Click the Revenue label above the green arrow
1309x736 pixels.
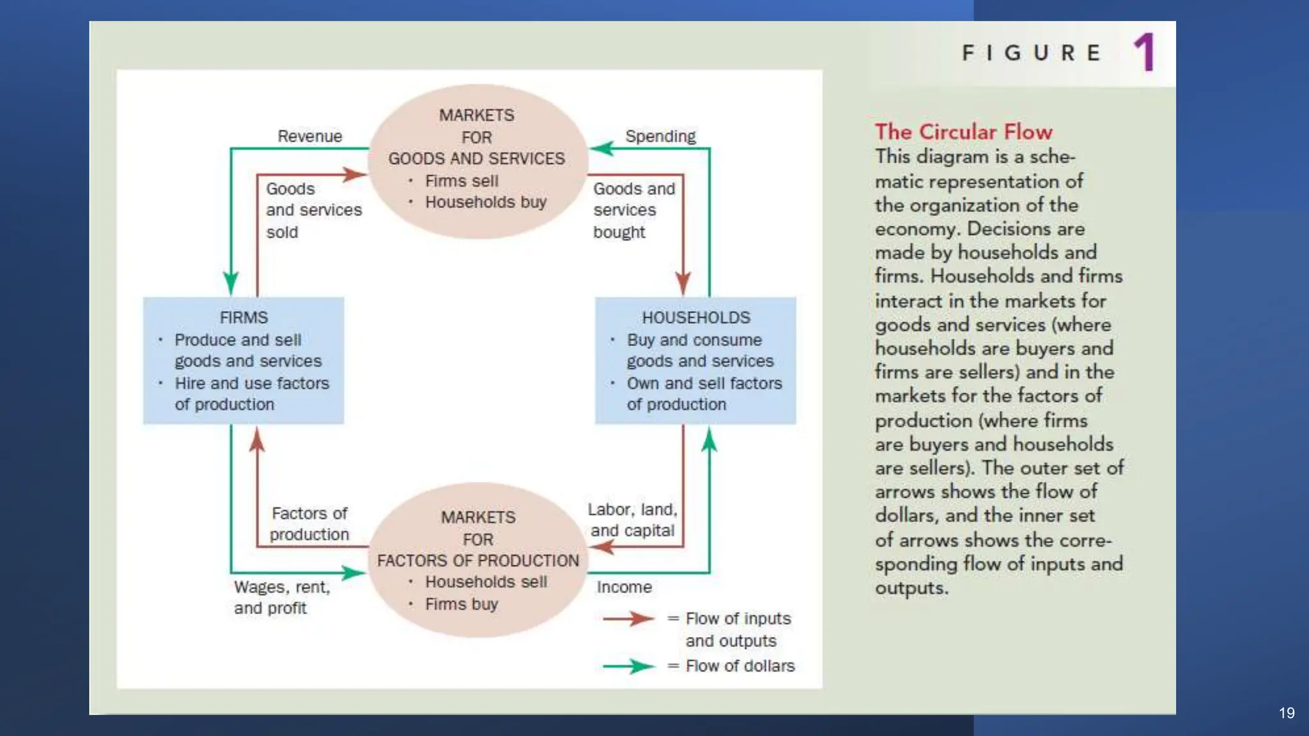coord(310,136)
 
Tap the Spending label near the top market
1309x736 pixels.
coord(660,136)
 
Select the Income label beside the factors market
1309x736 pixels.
coord(624,587)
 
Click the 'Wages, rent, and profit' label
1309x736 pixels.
coord(282,597)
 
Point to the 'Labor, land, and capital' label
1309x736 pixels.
coord(632,520)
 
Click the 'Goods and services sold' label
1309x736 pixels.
coord(313,210)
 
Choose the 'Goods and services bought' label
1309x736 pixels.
coord(633,210)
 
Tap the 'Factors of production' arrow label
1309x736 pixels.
coord(309,524)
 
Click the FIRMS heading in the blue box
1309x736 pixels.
coord(244,318)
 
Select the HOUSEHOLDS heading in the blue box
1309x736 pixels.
coord(696,318)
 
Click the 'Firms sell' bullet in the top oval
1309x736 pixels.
coord(461,181)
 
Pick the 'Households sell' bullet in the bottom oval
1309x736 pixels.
coord(486,582)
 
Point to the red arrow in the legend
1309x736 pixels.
coord(628,618)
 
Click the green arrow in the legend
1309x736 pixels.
coord(628,666)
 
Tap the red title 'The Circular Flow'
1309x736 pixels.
coord(963,132)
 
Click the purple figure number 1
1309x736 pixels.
coord(1145,52)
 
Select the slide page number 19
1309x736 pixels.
coord(1287,713)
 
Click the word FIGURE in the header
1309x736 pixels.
coord(1032,52)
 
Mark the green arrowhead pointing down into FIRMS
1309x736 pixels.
coord(231,283)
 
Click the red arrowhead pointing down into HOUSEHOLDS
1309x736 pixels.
coord(683,283)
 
